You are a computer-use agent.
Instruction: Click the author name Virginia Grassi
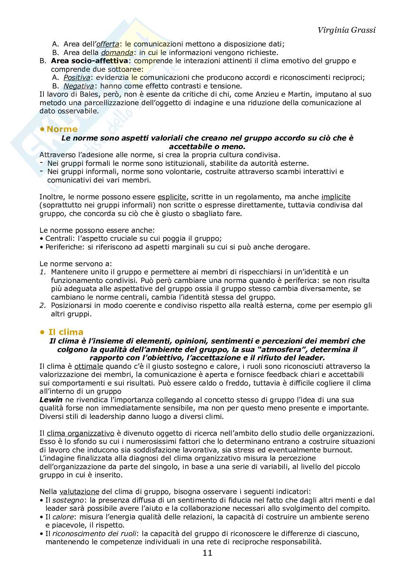[347, 30]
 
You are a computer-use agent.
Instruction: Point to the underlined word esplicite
[172, 197]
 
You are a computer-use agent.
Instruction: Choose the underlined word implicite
[336, 197]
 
